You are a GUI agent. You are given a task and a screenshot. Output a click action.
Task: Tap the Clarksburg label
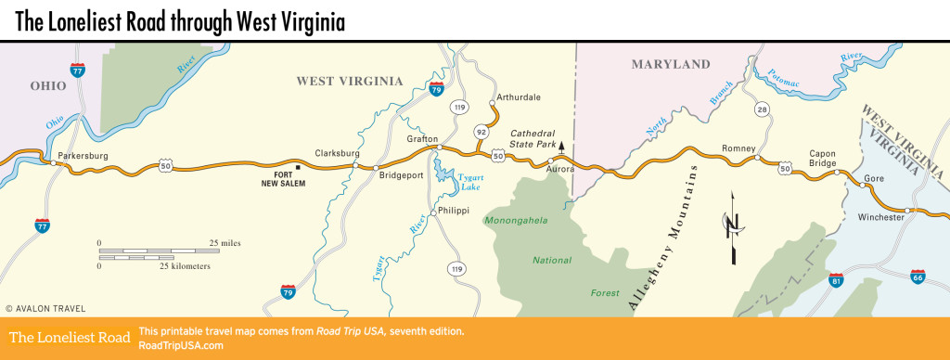(x=336, y=154)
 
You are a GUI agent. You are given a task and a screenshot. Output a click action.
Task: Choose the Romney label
(x=739, y=148)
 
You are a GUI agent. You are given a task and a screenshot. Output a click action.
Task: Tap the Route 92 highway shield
(x=481, y=133)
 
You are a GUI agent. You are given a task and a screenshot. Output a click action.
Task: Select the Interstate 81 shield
(x=838, y=279)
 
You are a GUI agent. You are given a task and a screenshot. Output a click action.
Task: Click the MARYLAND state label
(x=671, y=64)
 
